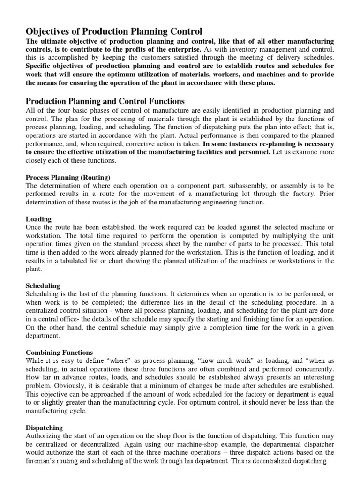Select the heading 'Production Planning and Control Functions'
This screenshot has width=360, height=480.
click(x=105, y=101)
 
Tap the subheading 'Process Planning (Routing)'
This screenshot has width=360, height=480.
click(x=68, y=177)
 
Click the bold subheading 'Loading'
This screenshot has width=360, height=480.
click(x=38, y=219)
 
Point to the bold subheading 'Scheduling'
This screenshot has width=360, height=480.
click(x=43, y=285)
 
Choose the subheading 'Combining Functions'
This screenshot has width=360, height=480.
click(x=59, y=352)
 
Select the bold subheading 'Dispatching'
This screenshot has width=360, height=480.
click(x=45, y=427)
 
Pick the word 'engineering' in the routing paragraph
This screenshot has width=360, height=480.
click(x=212, y=202)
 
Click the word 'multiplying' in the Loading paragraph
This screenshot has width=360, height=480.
click(x=292, y=236)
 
